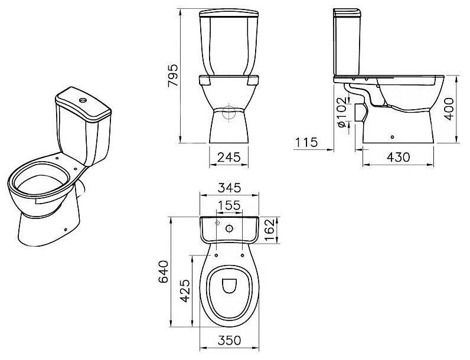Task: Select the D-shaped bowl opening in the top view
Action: pos(229,286)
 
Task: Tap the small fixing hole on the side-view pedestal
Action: pos(391,136)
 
